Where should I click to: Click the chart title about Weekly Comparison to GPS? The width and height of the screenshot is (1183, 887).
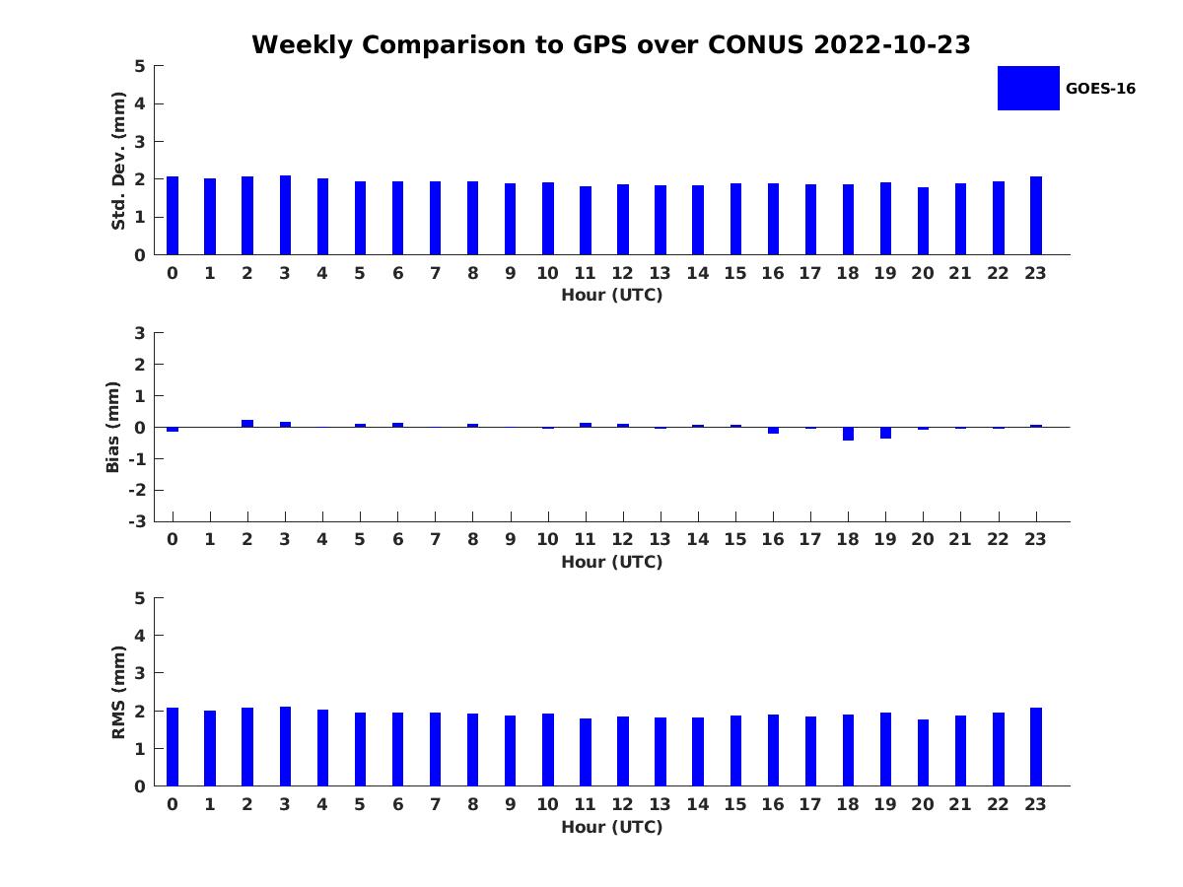click(x=611, y=44)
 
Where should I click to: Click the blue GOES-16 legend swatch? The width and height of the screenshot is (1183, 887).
click(x=1028, y=88)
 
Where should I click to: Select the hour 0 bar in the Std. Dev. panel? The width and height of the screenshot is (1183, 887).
click(x=173, y=216)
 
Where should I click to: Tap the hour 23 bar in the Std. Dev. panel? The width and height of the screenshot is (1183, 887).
click(x=1036, y=216)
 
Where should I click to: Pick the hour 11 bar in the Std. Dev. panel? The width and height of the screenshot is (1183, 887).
click(x=586, y=221)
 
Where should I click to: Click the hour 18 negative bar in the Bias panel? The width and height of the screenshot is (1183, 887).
click(x=848, y=434)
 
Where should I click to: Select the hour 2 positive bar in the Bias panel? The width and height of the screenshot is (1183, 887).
click(x=247, y=423)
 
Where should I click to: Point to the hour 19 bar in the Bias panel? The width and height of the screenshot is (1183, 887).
click(x=885, y=433)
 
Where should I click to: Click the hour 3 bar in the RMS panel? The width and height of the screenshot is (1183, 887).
click(x=285, y=746)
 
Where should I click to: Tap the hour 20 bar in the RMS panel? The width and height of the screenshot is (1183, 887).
click(x=923, y=753)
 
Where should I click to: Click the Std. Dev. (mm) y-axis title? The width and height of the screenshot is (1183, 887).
click(x=118, y=161)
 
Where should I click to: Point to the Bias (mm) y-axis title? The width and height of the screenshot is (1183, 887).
click(x=113, y=427)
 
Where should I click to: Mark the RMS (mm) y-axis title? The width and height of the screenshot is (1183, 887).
click(x=118, y=692)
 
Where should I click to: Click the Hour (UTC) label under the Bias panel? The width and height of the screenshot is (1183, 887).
click(x=611, y=562)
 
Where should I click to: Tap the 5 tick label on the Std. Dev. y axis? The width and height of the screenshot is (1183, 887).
click(x=140, y=66)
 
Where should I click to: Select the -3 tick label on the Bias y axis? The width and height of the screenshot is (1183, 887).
click(x=136, y=521)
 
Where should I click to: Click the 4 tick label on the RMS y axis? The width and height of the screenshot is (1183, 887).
click(x=140, y=636)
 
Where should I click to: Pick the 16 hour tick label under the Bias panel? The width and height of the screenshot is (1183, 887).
click(x=773, y=539)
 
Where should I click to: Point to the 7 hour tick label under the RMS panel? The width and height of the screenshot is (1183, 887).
click(x=435, y=804)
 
